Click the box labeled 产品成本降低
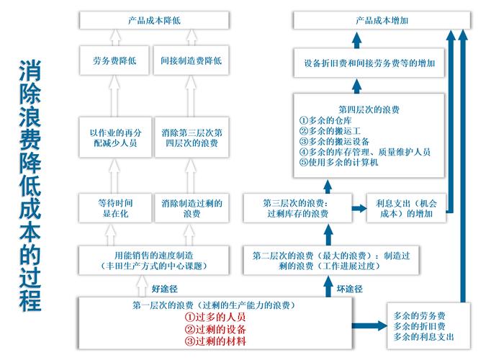pyautogui.click(x=154, y=21)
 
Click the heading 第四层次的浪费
pyautogui.click(x=364, y=109)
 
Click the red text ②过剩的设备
pyautogui.click(x=215, y=329)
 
